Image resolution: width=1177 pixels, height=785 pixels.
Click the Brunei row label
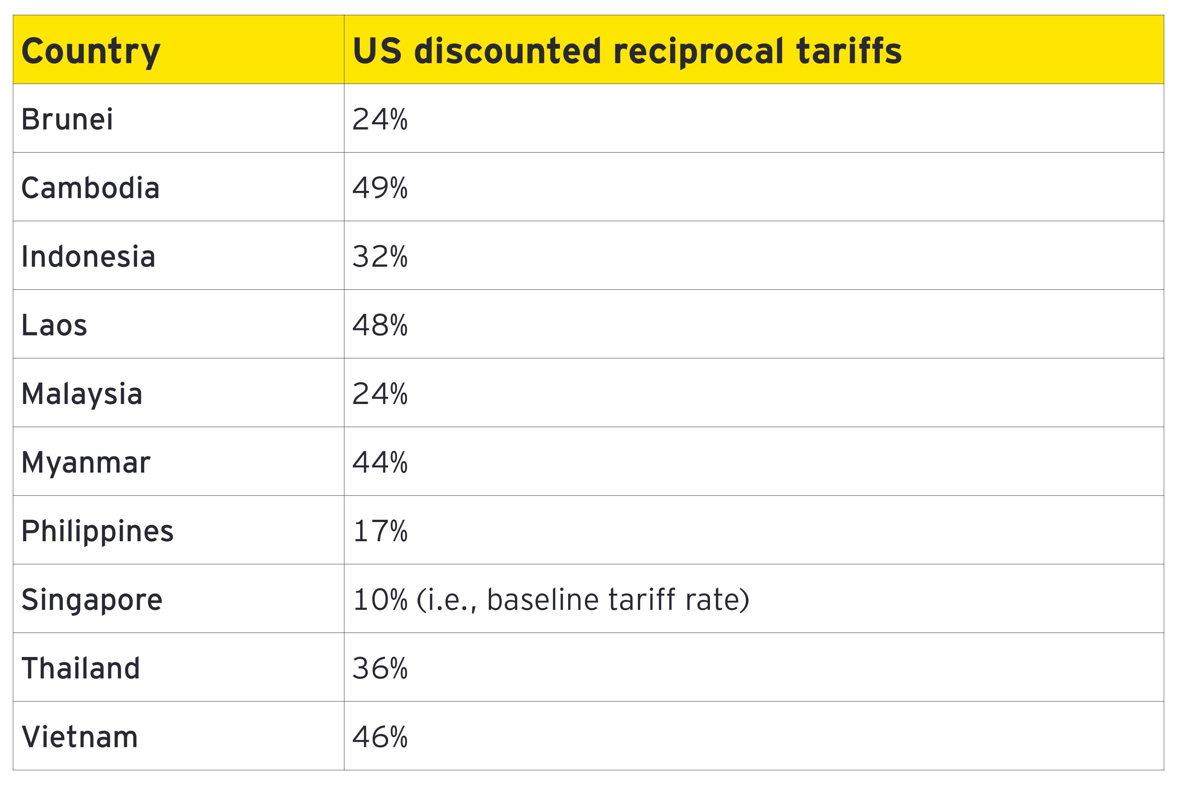pos(67,119)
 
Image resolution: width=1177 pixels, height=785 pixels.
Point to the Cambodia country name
pos(90,188)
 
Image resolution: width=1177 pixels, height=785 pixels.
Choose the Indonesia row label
pos(88,256)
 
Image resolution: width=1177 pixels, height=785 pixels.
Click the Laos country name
pos(54,325)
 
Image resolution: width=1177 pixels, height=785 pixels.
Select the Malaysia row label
pos(82,394)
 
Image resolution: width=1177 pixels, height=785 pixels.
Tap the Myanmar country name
pos(85,462)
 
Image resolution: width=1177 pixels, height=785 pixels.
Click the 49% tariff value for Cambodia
pos(380,188)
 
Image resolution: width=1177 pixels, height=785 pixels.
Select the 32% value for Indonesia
pos(380,256)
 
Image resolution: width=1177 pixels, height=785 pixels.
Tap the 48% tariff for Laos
pos(380,325)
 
